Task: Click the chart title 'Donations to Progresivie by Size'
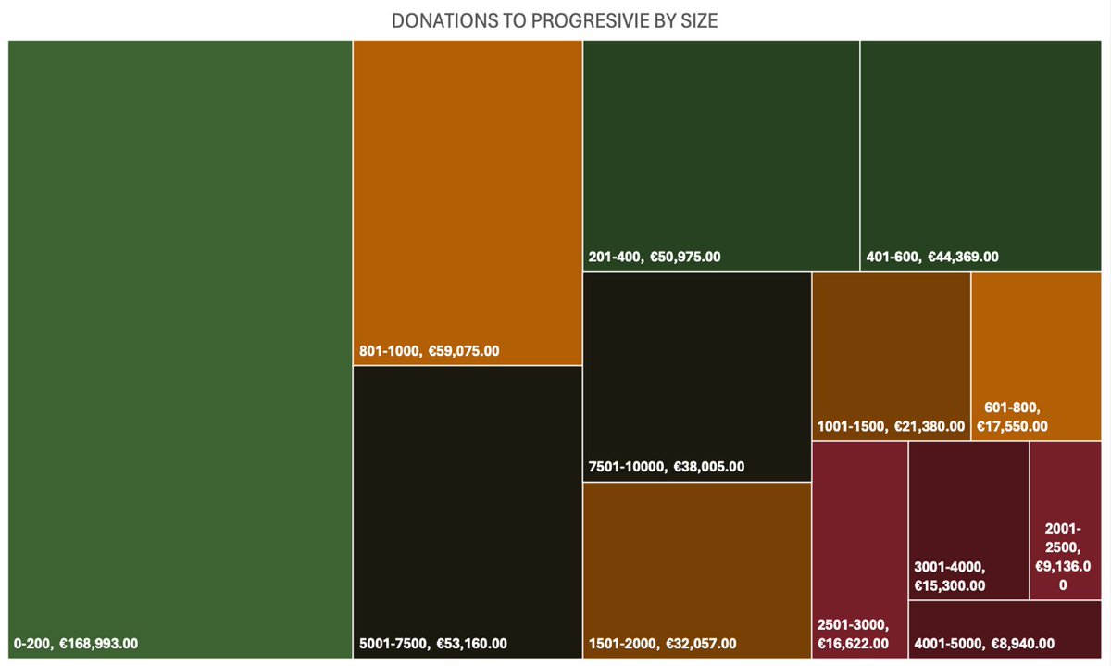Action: coord(555,20)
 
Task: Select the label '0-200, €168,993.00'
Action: coord(76,643)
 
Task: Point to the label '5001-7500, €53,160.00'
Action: coord(432,643)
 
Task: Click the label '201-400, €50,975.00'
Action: coord(655,257)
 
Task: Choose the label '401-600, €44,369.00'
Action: coord(932,257)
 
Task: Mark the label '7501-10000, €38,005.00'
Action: coord(667,467)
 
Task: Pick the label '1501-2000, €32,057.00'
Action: coord(663,643)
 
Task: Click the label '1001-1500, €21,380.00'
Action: coord(891,426)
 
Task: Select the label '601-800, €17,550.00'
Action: coord(1012,417)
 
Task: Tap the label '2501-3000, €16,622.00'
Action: coord(854,634)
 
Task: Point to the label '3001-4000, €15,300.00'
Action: coord(950,576)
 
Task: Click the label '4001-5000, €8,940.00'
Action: coord(984,643)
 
